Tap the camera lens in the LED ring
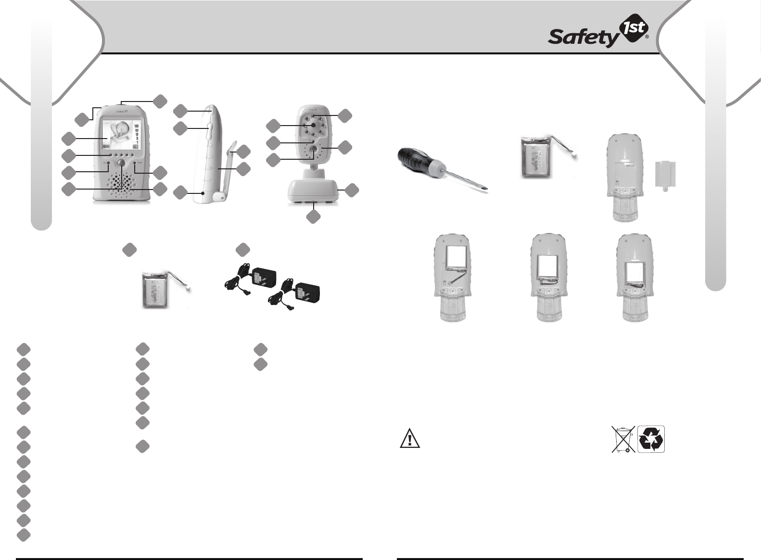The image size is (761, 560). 313,125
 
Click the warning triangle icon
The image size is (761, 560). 410,438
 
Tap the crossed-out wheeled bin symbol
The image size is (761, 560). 623,439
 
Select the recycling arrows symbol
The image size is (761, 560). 651,439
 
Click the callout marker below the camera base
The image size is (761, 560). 313,217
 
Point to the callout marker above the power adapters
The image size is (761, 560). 243,250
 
